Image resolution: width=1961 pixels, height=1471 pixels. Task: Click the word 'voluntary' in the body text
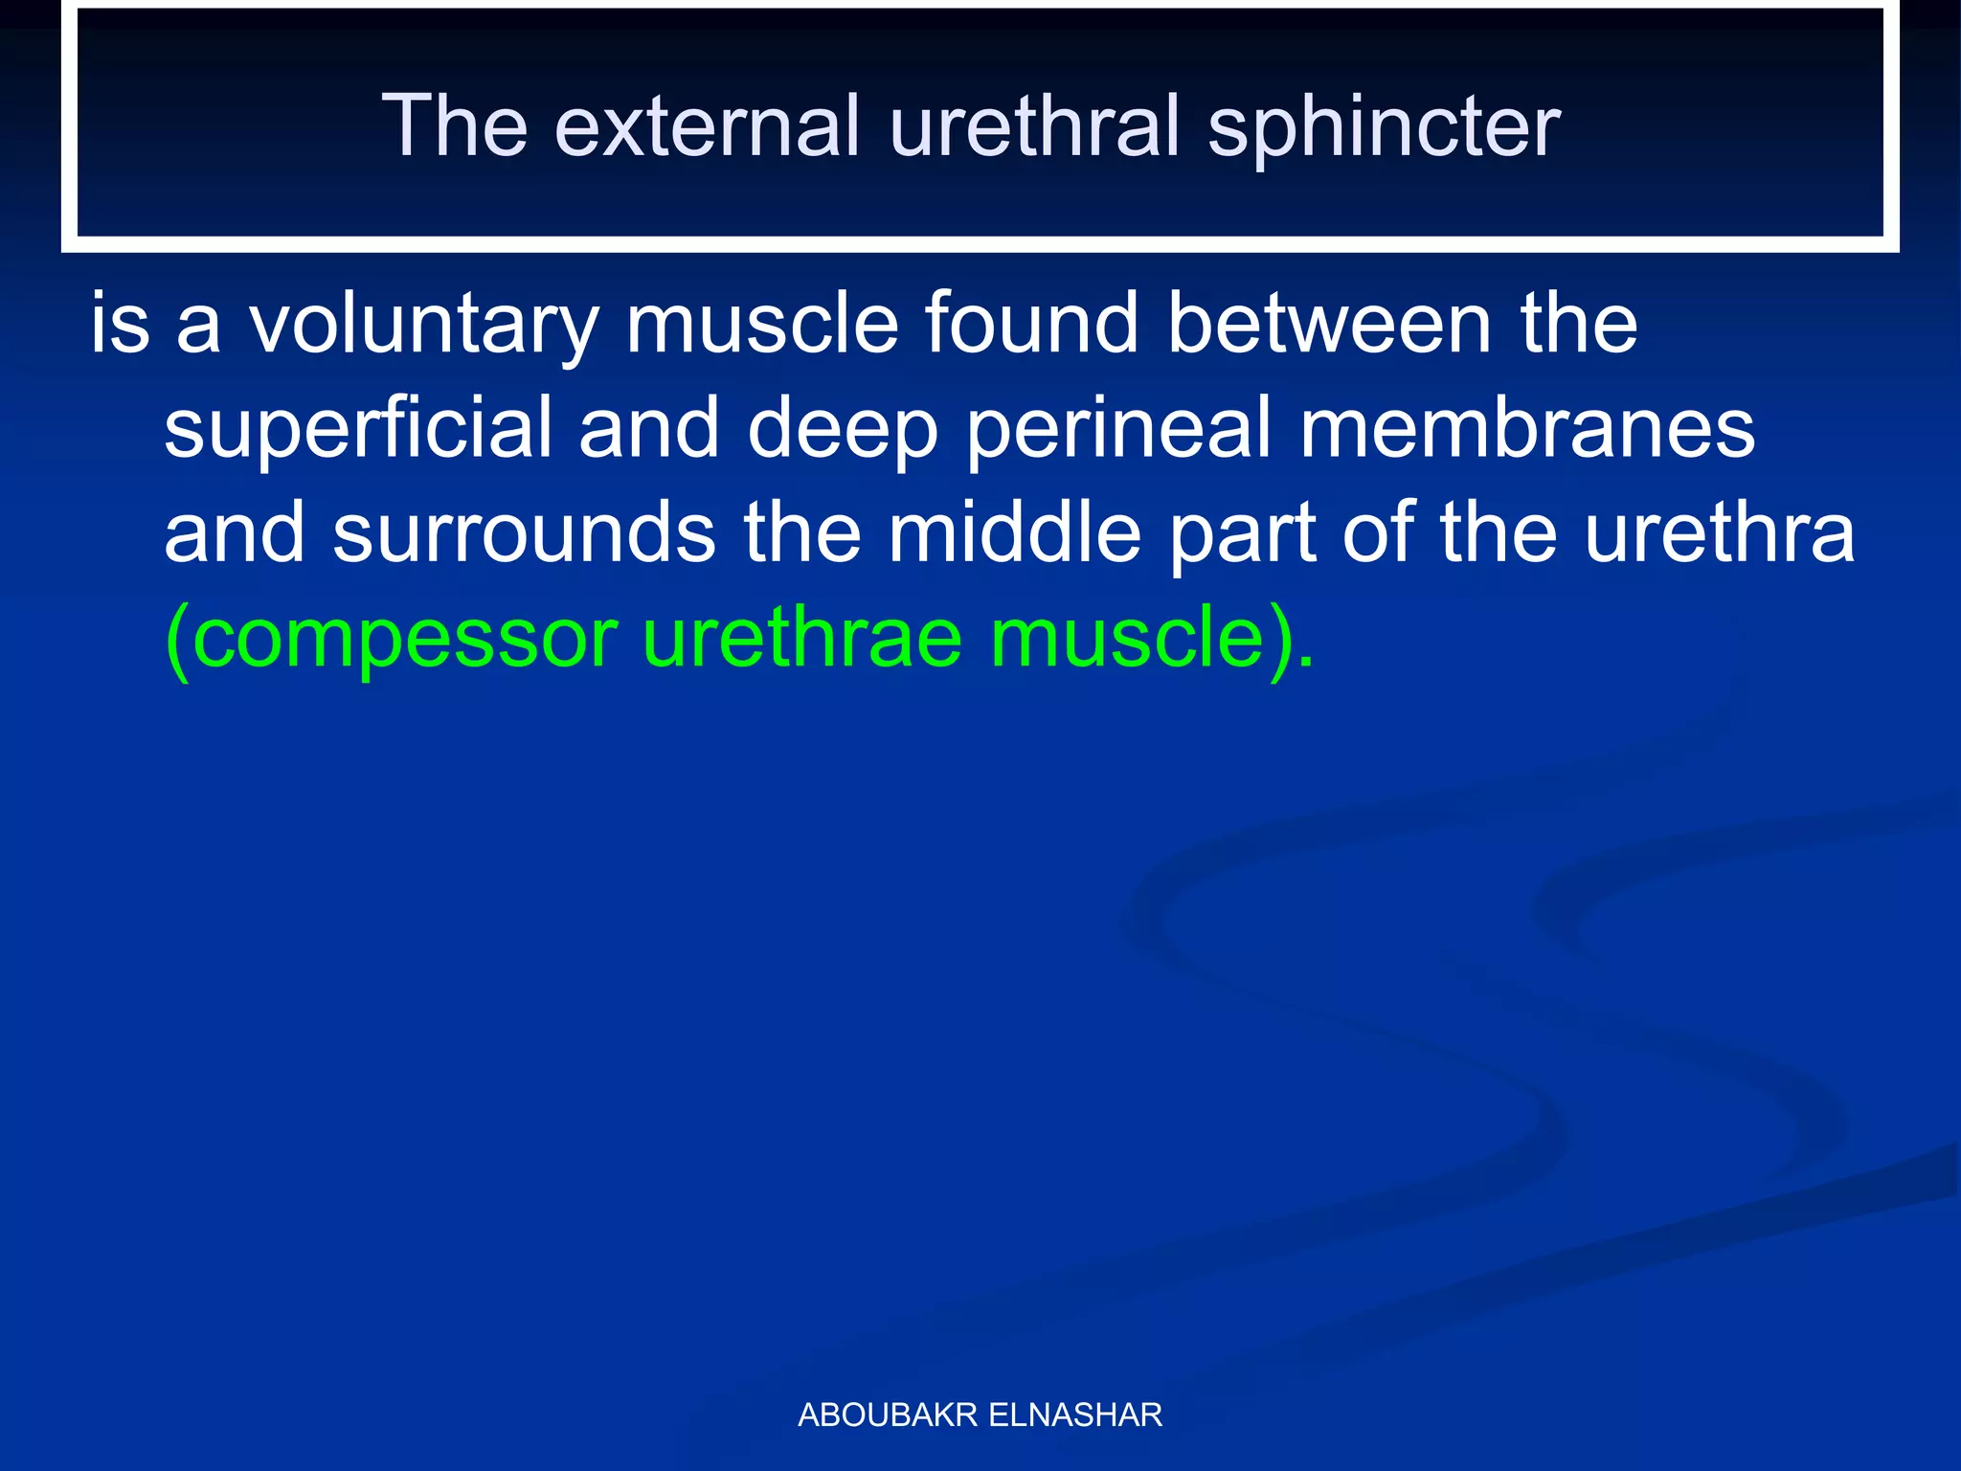pos(424,327)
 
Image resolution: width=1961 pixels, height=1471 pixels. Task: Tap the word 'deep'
pos(843,432)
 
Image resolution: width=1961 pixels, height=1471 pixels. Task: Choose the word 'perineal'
pos(1118,432)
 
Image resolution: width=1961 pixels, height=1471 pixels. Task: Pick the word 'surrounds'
pos(524,533)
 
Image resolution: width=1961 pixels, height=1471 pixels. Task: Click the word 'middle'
pos(1014,533)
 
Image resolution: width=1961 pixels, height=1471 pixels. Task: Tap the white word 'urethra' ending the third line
pos(1719,533)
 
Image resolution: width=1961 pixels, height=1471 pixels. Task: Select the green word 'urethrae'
pos(801,639)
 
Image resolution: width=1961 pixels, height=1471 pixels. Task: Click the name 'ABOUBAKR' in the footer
pos(887,1414)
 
